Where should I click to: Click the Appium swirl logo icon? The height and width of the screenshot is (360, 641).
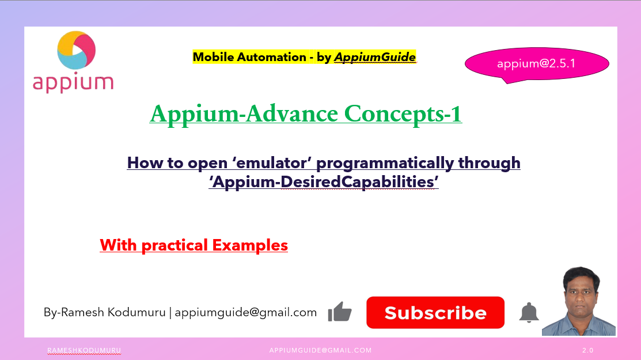76,51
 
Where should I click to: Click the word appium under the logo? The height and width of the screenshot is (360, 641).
73,82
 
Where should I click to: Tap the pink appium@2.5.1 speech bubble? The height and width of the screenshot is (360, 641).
536,64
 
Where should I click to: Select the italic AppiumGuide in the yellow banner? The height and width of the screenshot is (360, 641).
374,57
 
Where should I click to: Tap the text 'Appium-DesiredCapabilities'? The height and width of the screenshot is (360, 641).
324,182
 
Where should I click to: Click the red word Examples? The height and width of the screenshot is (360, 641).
250,245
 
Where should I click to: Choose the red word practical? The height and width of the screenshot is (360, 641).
175,245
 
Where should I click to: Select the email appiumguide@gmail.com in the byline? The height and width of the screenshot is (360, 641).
246,312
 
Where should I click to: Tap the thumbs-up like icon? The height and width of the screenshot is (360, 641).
340,312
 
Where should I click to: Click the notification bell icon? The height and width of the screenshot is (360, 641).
529,313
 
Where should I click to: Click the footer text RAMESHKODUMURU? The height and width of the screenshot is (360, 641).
84,350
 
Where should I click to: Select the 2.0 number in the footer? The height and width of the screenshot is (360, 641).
587,350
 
